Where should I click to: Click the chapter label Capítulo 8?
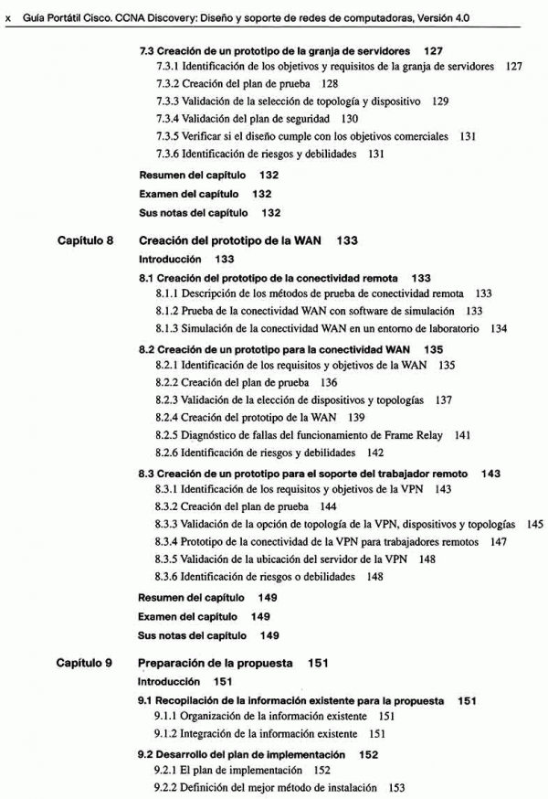pyautogui.click(x=85, y=241)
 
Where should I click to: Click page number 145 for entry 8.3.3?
pyautogui.click(x=535, y=525)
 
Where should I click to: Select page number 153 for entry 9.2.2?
pyautogui.click(x=396, y=787)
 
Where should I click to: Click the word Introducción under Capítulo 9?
pyautogui.click(x=168, y=682)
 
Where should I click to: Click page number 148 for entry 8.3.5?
pyautogui.click(x=427, y=559)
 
